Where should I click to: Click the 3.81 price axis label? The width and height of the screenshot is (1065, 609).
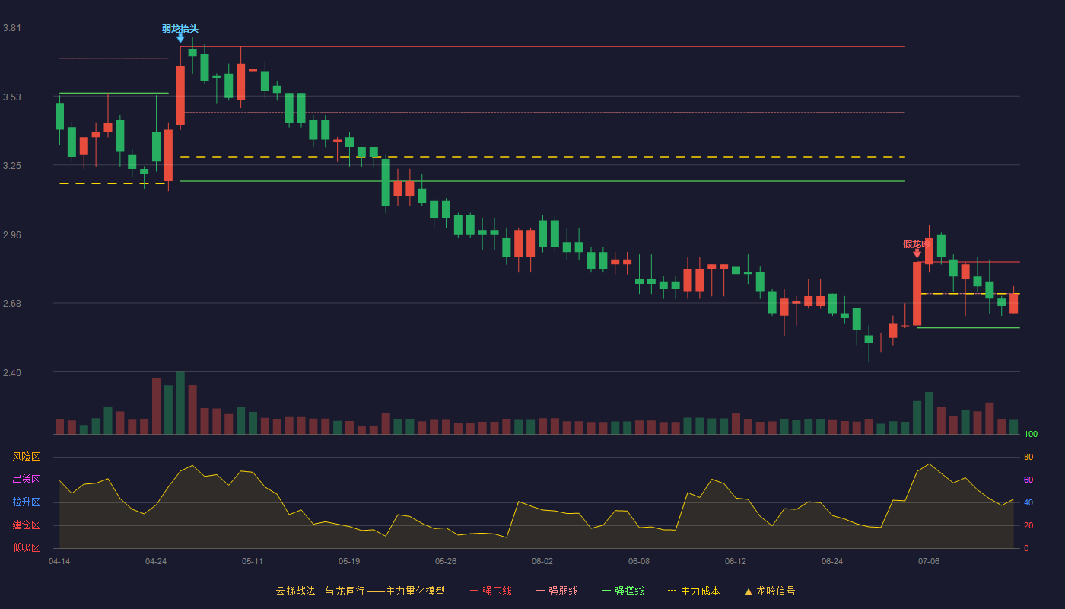pos(12,28)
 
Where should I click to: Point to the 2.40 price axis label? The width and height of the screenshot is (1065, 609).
pos(12,372)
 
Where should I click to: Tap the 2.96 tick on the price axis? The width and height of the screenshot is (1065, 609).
pos(12,235)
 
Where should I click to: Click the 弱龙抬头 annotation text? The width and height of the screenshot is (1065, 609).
pos(180,29)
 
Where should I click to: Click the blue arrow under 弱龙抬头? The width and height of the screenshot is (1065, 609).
pos(180,38)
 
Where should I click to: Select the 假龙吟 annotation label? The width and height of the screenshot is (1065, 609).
pos(916,244)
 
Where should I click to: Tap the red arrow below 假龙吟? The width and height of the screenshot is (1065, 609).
pos(917,253)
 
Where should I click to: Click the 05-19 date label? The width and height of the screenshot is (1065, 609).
pos(349,562)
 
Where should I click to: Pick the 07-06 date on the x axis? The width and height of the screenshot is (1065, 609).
pos(929,562)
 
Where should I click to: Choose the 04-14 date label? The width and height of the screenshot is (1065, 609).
pos(59,562)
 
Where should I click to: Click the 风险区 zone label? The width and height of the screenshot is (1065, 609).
pos(26,457)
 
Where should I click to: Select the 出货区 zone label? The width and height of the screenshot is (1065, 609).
pos(26,479)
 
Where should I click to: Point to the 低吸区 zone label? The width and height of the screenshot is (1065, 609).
pos(26,547)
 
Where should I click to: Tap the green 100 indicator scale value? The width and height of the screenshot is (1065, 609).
pos(1031,434)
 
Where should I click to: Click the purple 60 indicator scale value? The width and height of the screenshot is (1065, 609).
pos(1028,480)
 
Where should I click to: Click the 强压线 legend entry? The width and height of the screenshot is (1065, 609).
pos(491,591)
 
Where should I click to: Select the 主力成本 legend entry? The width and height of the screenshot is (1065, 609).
pos(694,591)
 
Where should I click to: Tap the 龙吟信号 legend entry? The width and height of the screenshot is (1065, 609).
pos(770,591)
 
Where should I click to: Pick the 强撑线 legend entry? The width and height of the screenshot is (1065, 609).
pos(623,591)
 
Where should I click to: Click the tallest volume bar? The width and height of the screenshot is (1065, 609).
pos(180,403)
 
